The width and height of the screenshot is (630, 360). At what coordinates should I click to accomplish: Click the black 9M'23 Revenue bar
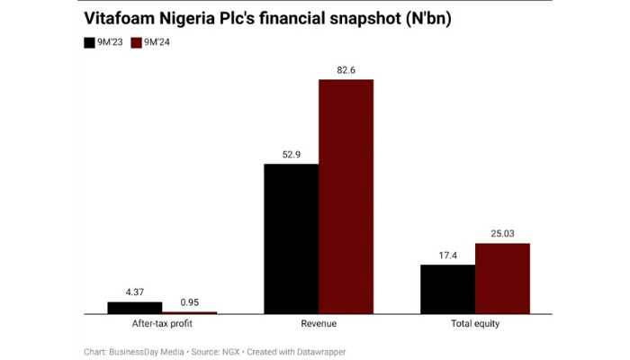pyautogui.click(x=291, y=238)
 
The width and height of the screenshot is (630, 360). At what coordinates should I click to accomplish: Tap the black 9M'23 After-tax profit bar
pyautogui.click(x=135, y=308)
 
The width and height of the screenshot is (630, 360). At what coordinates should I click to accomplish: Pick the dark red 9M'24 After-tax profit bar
pyautogui.click(x=189, y=312)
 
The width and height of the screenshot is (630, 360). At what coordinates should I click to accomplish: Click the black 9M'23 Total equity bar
pyautogui.click(x=447, y=289)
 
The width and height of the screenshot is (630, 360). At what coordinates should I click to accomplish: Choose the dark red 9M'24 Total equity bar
pyautogui.click(x=502, y=278)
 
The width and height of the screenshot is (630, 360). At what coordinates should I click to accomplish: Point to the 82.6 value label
pyautogui.click(x=346, y=69)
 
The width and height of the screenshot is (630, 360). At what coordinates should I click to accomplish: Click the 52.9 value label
pyautogui.click(x=291, y=154)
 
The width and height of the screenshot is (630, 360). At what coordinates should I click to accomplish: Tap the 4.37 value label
pyautogui.click(x=135, y=292)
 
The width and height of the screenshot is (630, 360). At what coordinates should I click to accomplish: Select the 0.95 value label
pyautogui.click(x=189, y=301)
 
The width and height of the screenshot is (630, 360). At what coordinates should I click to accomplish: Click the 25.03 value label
pyautogui.click(x=502, y=233)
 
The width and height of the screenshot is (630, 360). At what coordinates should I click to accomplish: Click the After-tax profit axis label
pyautogui.click(x=162, y=324)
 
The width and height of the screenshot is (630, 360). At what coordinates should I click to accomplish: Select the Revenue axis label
pyautogui.click(x=319, y=324)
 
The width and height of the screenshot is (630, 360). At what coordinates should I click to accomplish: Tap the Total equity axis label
pyautogui.click(x=474, y=324)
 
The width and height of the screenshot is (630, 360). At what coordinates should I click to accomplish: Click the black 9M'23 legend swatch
pyautogui.click(x=89, y=42)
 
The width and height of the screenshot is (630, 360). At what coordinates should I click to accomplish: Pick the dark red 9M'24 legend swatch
pyautogui.click(x=137, y=42)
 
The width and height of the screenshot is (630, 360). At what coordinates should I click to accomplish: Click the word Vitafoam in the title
pyautogui.click(x=121, y=18)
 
